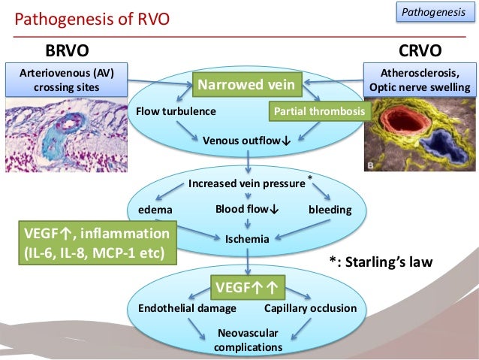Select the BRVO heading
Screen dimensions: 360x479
click(x=68, y=51)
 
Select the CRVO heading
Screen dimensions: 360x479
click(x=419, y=51)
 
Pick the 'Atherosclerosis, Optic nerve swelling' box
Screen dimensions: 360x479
click(x=419, y=80)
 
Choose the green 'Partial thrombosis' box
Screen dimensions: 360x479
click(x=319, y=111)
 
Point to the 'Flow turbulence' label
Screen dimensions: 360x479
click(x=176, y=111)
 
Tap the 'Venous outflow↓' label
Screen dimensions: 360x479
click(x=247, y=139)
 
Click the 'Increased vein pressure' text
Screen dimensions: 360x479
click(x=247, y=183)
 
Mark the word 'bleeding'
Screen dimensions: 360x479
click(x=330, y=210)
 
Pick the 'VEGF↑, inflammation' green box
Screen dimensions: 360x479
click(x=95, y=243)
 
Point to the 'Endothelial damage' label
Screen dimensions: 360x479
click(x=188, y=308)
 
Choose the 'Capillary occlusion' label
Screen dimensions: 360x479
click(x=310, y=308)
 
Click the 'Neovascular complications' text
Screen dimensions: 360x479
click(x=248, y=340)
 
